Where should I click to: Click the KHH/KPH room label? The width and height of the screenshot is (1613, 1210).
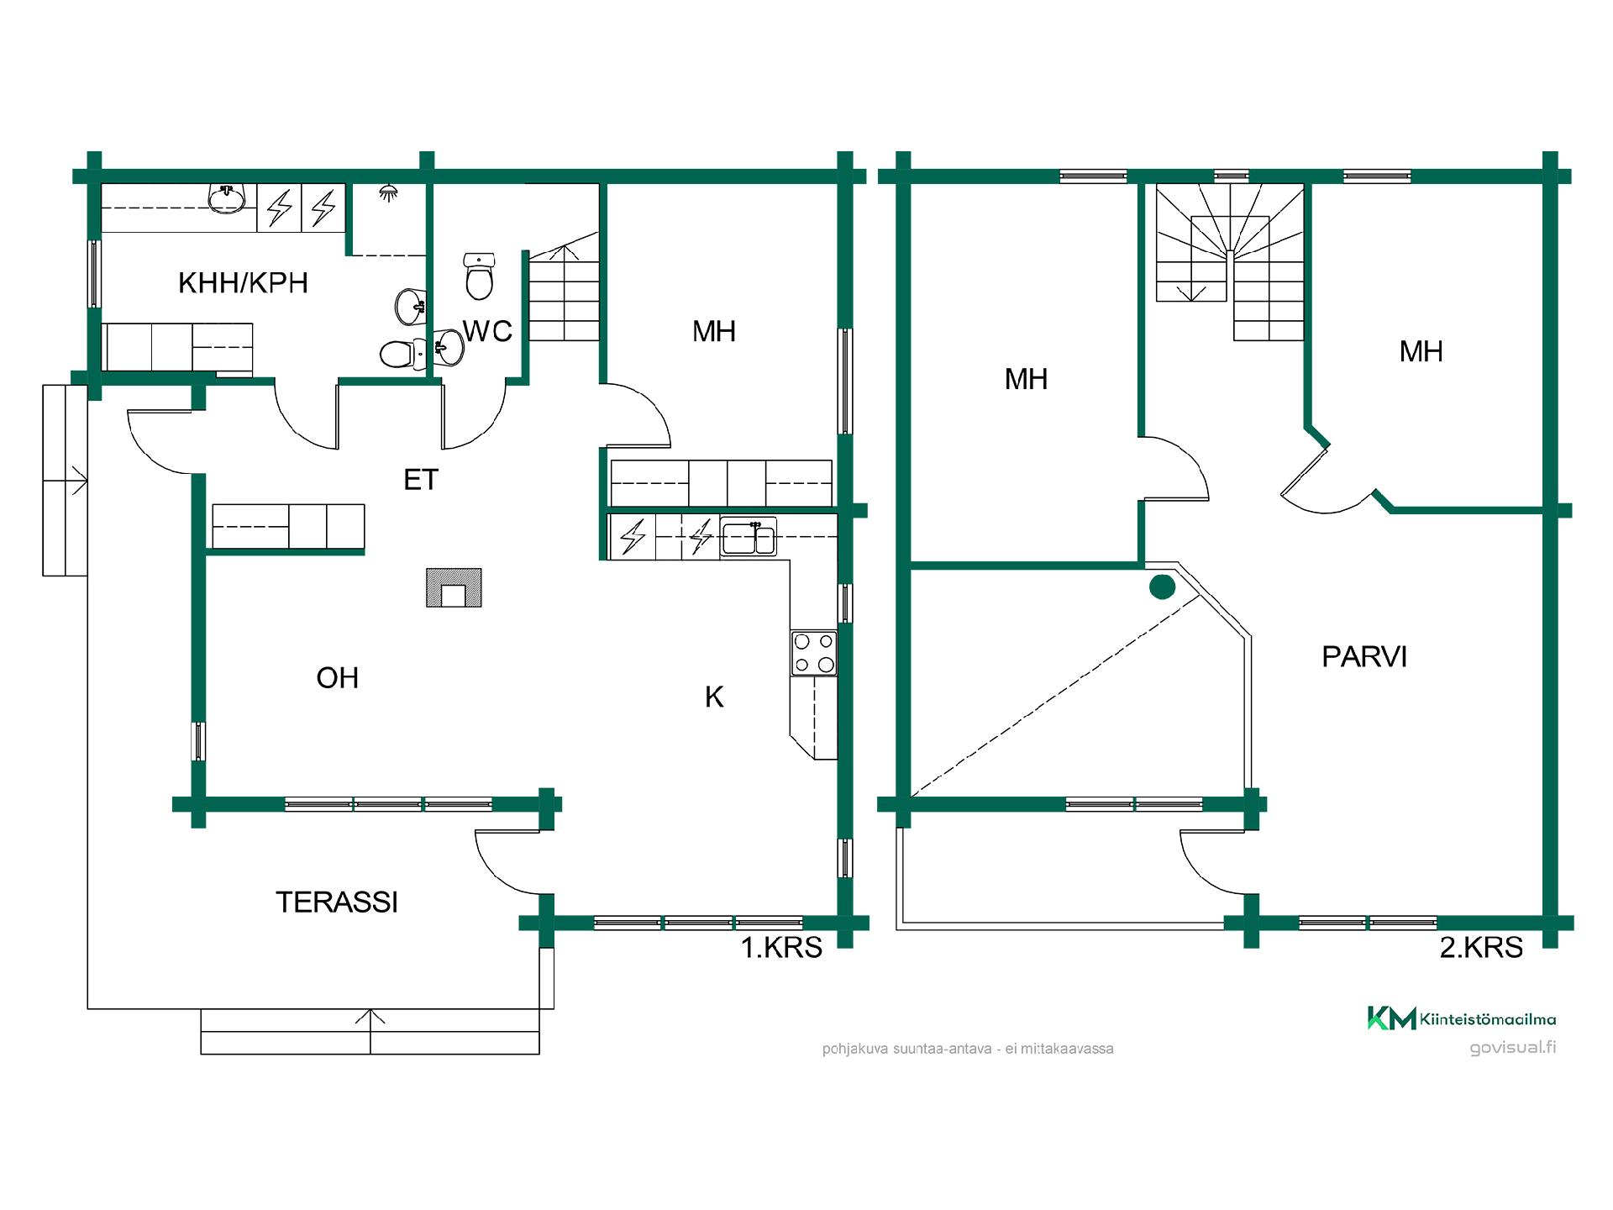pos(243,282)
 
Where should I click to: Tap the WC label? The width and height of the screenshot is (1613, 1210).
pos(487,331)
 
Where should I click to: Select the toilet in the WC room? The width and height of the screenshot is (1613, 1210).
pos(479,276)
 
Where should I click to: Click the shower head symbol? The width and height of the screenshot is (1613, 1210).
pos(388,193)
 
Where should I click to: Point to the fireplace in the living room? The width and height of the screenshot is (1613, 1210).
pos(454,587)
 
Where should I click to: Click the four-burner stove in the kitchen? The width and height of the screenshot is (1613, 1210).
pos(814,653)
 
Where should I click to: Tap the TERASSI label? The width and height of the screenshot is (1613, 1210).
pos(337,902)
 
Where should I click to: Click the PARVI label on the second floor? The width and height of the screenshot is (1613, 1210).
pos(1364,656)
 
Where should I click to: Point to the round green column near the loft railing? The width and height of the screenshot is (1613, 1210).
pos(1162,587)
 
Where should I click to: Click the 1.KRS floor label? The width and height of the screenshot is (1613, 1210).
pos(781,947)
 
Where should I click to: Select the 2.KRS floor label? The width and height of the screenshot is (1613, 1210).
pos(1481,947)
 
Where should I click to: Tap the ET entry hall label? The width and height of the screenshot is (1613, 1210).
pos(421,479)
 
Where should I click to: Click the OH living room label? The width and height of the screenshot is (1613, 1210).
pos(338,677)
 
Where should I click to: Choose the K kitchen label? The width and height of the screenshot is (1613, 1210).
pos(714,697)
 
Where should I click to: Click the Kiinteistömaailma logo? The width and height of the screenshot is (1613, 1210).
pos(1462,1018)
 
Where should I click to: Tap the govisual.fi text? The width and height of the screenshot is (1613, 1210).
pos(1513,1048)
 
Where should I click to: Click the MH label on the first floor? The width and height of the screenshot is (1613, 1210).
pos(714,331)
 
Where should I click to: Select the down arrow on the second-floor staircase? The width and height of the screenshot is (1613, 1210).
pos(1190,290)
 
